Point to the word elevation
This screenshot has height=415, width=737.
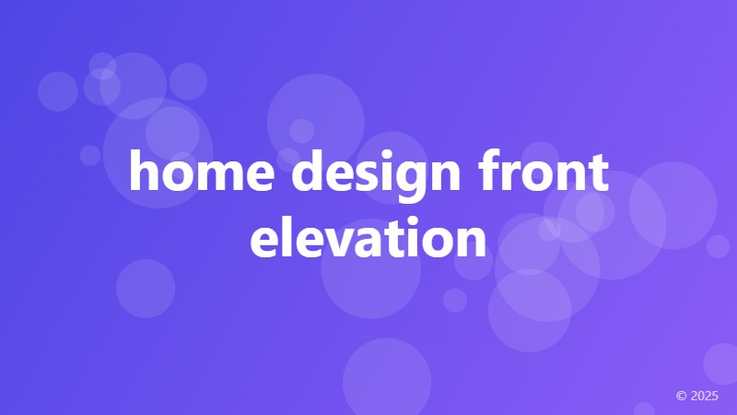[x=368, y=237]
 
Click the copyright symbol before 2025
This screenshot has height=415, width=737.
[x=682, y=396]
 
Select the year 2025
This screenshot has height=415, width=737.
[x=705, y=396]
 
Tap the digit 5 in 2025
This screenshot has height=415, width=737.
[x=715, y=396]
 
